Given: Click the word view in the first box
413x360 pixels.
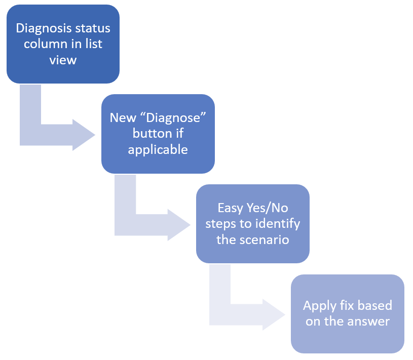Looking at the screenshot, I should pos(63,60).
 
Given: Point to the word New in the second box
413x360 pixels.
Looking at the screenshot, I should pos(123,117).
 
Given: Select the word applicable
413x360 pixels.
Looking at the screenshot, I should pos(158,150).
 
